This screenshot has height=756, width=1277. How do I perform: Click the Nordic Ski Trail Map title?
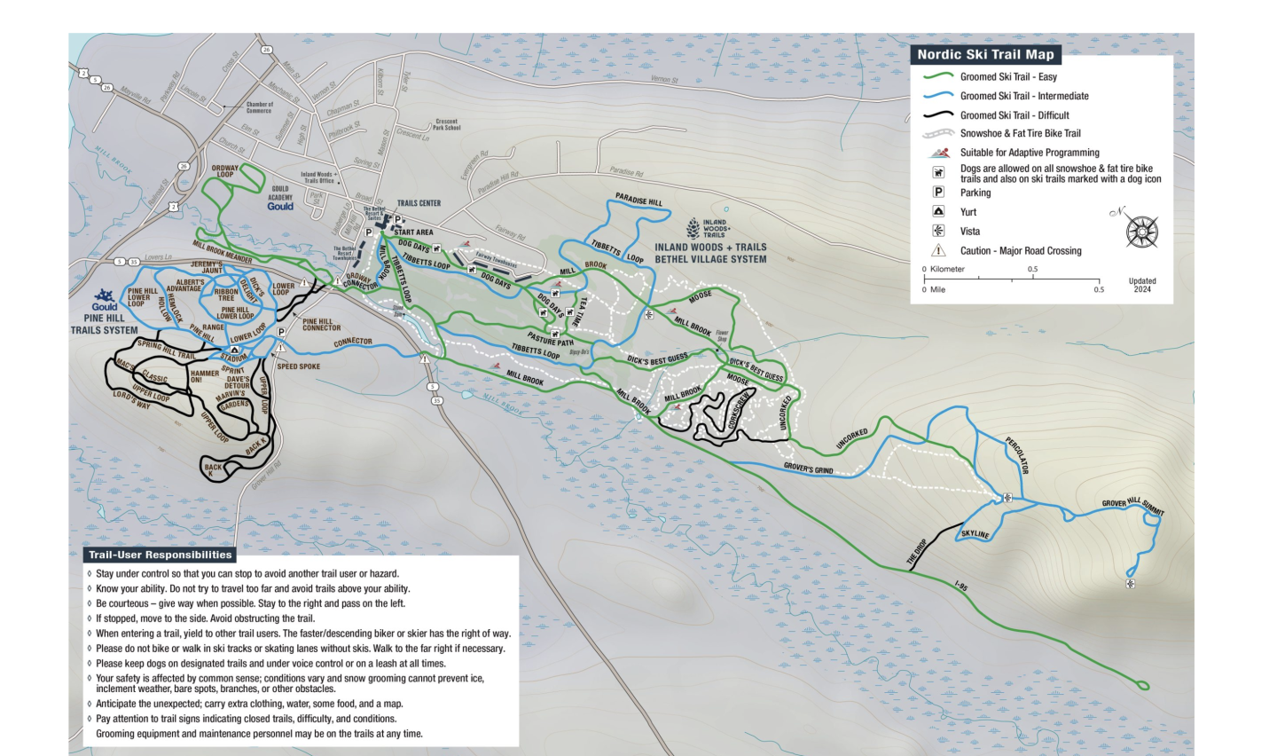pyautogui.click(x=985, y=54)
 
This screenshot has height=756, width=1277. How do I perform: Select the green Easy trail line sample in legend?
pyautogui.click(x=938, y=77)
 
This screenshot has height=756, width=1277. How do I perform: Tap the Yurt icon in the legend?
pyautogui.click(x=938, y=212)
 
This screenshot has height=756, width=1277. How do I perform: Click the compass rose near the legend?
pyautogui.click(x=1141, y=232)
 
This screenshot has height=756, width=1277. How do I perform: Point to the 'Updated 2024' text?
pyautogui.click(x=1141, y=285)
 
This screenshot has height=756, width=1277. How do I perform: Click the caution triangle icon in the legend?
pyautogui.click(x=938, y=251)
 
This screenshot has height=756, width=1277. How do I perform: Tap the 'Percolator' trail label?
pyautogui.click(x=1017, y=455)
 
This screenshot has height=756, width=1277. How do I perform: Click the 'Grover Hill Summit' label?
pyautogui.click(x=1132, y=506)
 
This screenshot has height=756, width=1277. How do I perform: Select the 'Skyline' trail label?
pyautogui.click(x=975, y=534)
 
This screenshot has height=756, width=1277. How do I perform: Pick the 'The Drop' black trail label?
pyautogui.click(x=916, y=553)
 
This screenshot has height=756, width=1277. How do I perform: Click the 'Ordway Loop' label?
pyautogui.click(x=225, y=170)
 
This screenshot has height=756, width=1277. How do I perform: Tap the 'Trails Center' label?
pyautogui.click(x=419, y=203)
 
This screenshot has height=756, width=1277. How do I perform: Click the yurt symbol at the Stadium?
pyautogui.click(x=234, y=350)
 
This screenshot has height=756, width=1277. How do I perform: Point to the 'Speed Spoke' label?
pyautogui.click(x=298, y=366)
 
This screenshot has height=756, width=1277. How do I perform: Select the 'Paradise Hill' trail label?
pyautogui.click(x=638, y=201)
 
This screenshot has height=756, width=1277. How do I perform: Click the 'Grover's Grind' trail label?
pyautogui.click(x=808, y=468)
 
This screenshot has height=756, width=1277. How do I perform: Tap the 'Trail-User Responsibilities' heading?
pyautogui.click(x=161, y=555)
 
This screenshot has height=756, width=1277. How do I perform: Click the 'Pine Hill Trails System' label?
pyautogui.click(x=105, y=324)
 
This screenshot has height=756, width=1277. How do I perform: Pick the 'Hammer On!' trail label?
pyautogui.click(x=204, y=376)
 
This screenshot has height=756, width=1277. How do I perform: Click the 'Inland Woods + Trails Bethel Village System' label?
pyautogui.click(x=710, y=253)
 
